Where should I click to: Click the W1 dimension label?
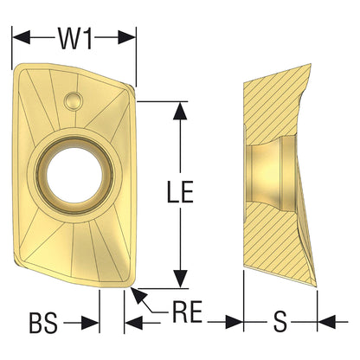(x=75, y=38)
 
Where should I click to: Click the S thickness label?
(x=280, y=324)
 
